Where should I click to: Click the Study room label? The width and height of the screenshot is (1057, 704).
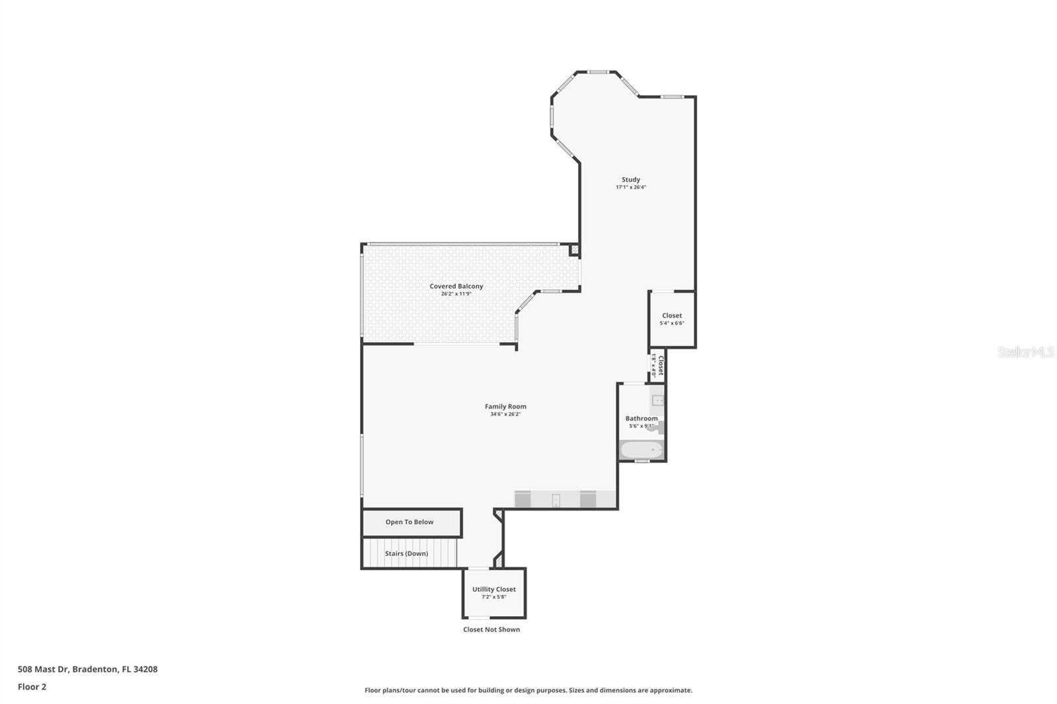[x=631, y=180]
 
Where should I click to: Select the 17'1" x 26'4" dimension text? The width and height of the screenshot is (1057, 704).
[x=631, y=188]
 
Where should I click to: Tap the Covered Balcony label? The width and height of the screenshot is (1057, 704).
[x=456, y=287]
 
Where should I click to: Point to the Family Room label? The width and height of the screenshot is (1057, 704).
[x=505, y=407]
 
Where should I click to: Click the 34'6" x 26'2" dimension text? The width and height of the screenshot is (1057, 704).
[x=505, y=415]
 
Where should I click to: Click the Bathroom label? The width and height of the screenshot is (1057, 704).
[x=641, y=419]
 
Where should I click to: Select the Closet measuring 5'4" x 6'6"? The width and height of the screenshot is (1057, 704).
[x=672, y=319]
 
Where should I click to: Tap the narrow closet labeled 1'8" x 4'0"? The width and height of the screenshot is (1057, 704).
[x=657, y=365]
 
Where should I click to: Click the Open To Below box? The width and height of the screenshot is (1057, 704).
[x=410, y=522]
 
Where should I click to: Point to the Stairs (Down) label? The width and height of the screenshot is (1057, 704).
[x=406, y=553]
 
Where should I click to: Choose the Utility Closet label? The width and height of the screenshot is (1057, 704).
[x=494, y=590]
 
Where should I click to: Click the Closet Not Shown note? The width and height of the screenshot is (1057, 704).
[x=492, y=630]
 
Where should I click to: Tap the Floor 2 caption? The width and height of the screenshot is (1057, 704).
[x=32, y=687]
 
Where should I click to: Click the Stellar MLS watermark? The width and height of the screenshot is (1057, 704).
[x=1026, y=353]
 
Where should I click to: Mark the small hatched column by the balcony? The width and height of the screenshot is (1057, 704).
[x=574, y=250]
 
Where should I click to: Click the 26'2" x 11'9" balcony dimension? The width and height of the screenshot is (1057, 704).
[x=456, y=294]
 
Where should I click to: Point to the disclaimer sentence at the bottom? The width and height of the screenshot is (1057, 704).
[x=528, y=691]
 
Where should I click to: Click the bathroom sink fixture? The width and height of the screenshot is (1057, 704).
[x=658, y=400]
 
